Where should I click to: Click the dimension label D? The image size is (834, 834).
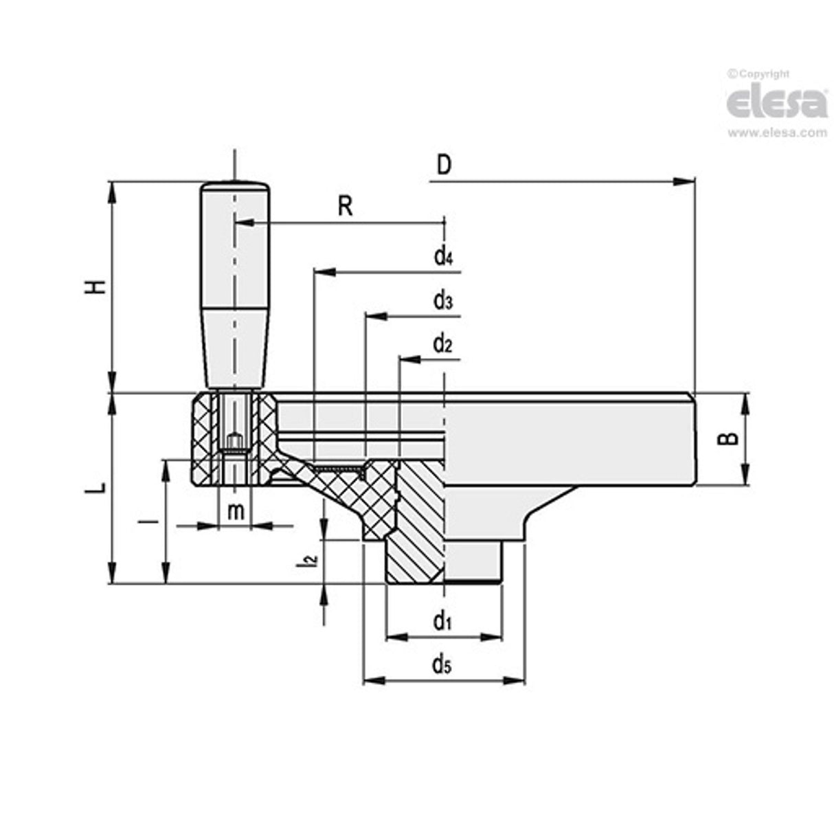444,166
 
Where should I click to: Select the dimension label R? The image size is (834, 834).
345,205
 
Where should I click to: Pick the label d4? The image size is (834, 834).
442,257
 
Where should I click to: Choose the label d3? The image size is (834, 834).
442,301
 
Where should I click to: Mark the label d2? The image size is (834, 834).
442,344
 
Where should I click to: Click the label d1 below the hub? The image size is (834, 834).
441,622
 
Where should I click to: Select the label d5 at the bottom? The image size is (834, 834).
441,664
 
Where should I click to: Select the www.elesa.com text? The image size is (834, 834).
776,133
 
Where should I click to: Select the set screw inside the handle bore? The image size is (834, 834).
234,440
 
